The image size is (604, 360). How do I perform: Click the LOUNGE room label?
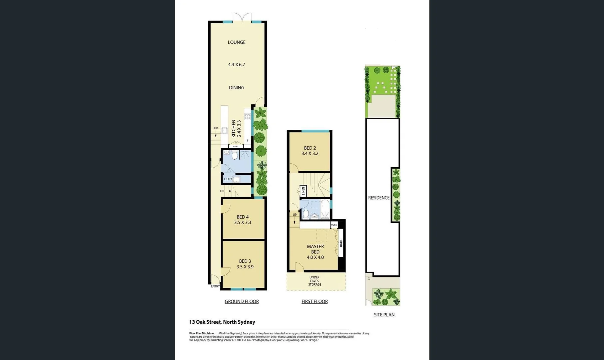(237, 42)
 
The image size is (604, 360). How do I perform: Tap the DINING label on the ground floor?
(237, 88)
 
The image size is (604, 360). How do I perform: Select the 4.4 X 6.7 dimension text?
(237, 65)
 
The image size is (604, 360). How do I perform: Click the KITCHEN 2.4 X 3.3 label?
(236, 129)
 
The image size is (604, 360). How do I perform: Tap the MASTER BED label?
(315, 252)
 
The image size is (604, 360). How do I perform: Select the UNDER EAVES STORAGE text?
(314, 281)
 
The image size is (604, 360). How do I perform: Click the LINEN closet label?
(303, 191)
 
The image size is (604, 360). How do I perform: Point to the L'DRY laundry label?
(228, 179)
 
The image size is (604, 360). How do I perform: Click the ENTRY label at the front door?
(215, 286)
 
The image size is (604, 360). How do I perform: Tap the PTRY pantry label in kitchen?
(236, 147)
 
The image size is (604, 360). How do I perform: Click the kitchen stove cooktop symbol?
(248, 116)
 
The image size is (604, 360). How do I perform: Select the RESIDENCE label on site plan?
(379, 198)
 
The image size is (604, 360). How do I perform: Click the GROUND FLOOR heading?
(242, 301)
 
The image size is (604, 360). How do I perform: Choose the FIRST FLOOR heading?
(314, 301)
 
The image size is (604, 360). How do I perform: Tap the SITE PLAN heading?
(384, 315)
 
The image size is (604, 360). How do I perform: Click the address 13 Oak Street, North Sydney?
(222, 322)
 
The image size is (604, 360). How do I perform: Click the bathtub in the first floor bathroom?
(325, 209)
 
